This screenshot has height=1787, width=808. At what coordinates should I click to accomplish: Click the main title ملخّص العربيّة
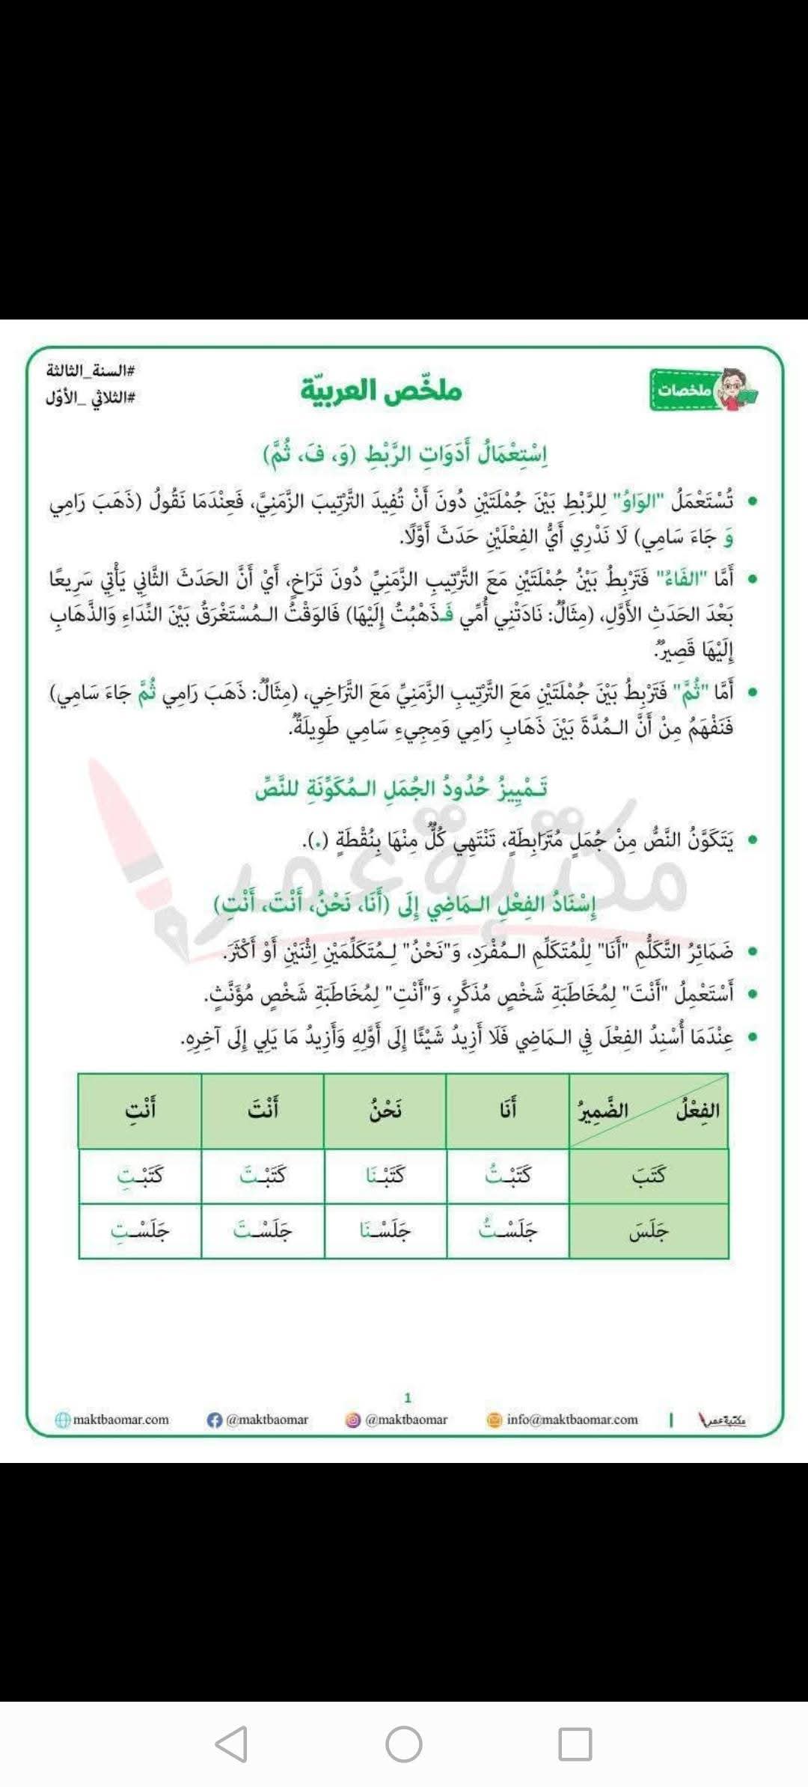(x=382, y=391)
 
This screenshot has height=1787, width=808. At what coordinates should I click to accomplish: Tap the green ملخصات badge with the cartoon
(x=703, y=390)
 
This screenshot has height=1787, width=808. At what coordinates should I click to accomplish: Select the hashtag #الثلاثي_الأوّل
(x=90, y=397)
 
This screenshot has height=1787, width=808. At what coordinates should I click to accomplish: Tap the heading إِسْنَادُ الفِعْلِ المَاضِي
(x=405, y=905)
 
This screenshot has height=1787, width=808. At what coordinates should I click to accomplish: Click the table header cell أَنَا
(x=508, y=1110)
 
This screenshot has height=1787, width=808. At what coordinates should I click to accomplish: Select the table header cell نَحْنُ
(x=385, y=1110)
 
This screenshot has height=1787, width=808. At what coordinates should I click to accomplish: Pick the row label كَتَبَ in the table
(x=648, y=1176)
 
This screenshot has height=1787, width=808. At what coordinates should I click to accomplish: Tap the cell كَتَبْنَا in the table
(x=385, y=1176)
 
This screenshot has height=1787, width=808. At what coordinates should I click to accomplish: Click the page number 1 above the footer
(x=408, y=1397)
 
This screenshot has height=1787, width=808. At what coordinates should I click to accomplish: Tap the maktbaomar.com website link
(x=120, y=1420)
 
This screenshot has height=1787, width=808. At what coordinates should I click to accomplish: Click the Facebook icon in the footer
(x=215, y=1420)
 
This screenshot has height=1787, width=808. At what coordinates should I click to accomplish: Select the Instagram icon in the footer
(x=353, y=1420)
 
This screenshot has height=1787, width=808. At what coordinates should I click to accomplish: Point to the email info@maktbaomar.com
(x=572, y=1420)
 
